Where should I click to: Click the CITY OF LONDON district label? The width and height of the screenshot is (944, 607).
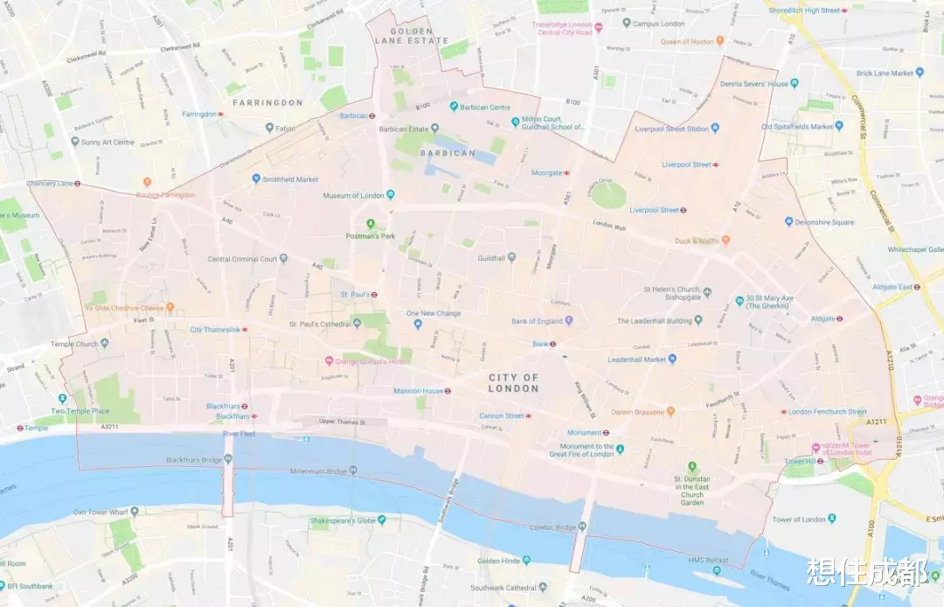[513, 382]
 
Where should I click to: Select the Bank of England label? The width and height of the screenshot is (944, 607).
[537, 321]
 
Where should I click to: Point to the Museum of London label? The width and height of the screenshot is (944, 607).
[353, 195]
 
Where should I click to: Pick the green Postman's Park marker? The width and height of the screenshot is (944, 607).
[370, 224]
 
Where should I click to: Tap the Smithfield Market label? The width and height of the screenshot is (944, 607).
[290, 178]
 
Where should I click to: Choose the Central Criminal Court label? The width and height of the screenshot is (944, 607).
[242, 259]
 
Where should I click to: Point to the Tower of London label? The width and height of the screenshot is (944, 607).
[799, 520]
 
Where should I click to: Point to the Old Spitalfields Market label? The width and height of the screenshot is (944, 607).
[796, 127]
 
